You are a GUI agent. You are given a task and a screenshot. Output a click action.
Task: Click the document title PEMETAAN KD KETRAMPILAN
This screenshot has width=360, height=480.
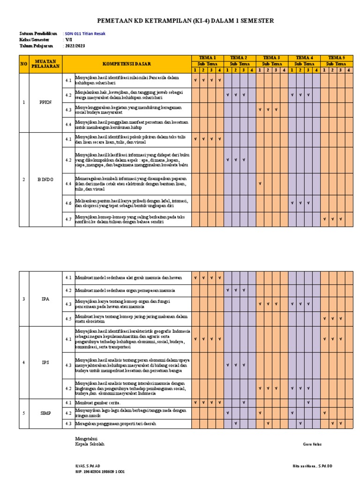coord(185,21)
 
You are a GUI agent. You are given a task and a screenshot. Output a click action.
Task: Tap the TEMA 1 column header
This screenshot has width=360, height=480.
coord(208,57)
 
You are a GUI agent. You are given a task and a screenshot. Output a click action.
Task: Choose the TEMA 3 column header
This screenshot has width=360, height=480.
coord(272,57)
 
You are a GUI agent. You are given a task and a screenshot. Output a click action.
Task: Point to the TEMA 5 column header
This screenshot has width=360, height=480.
coord(337,57)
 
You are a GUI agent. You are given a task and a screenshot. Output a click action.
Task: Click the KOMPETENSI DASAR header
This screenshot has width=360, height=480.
coord(127,64)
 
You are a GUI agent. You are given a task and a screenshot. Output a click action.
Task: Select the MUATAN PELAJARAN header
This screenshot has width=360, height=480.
coord(45,64)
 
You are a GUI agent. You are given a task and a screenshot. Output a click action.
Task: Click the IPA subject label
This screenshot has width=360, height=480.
coord(45,298)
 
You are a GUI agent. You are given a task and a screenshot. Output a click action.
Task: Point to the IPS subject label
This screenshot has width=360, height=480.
coord(45,362)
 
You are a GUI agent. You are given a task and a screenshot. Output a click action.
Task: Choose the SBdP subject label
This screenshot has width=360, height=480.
coord(45,413)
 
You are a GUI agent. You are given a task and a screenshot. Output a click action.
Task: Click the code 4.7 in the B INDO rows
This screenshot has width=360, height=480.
coord(68,219)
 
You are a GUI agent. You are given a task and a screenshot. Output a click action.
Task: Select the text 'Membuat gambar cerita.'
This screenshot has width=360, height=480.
coord(98,403)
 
